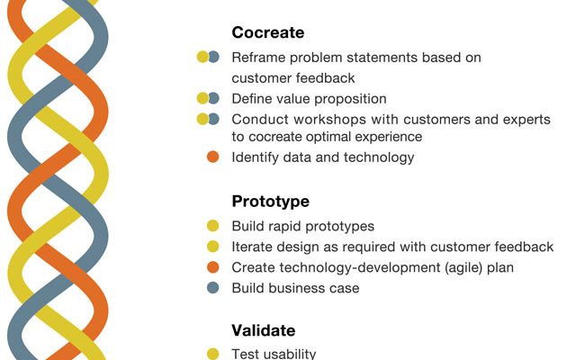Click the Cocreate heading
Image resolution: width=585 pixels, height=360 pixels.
point(268,32)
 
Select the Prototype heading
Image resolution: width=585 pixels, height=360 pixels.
point(271,202)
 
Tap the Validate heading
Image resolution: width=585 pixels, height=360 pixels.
point(264,330)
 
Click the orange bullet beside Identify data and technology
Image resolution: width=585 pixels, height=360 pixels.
point(212,157)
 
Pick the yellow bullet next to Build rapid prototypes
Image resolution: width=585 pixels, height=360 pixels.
point(212,226)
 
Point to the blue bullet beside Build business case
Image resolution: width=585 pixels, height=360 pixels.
point(212,288)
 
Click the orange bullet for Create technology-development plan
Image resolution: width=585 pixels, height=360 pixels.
point(212,267)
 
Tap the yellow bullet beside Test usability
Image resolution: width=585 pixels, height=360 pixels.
point(212,354)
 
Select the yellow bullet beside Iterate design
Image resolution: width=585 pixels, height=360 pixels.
point(212,247)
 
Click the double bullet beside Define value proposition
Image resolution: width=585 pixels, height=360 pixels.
point(208,98)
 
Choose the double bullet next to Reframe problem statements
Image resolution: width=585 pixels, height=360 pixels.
point(208,57)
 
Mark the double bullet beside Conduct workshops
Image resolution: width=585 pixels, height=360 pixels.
point(208,119)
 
